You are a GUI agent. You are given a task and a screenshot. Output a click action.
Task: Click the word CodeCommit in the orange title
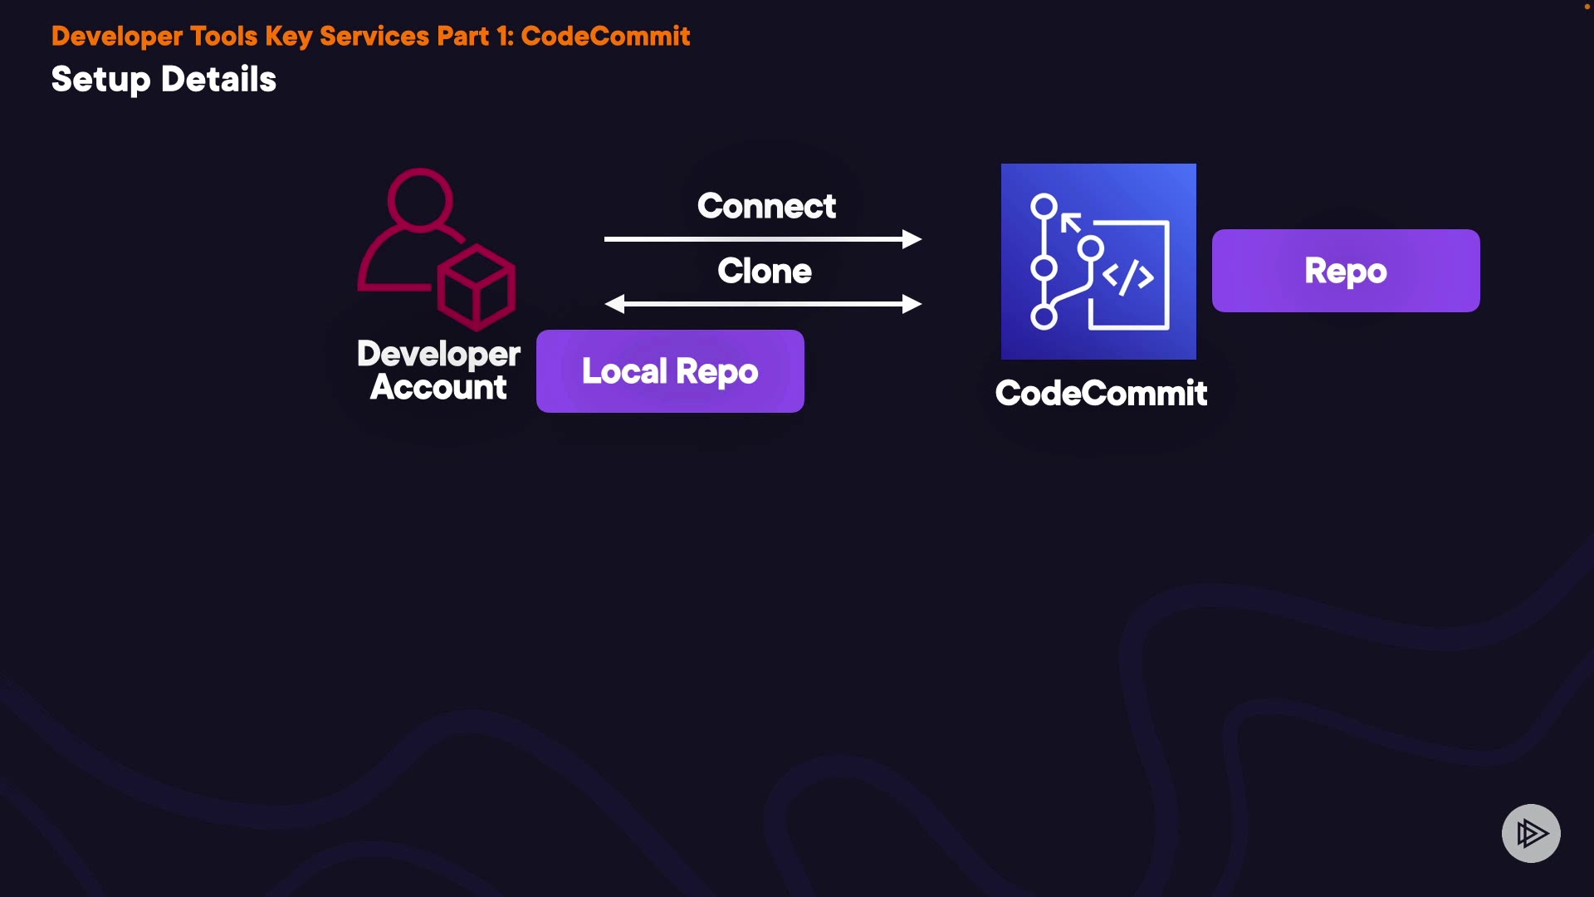point(605,36)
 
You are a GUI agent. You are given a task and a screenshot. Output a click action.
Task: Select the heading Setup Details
point(164,80)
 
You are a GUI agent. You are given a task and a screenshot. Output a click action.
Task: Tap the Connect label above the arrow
point(766,206)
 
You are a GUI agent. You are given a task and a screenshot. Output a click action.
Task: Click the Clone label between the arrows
point(765,271)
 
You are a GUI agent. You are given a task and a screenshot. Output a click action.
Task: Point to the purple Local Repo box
point(670,371)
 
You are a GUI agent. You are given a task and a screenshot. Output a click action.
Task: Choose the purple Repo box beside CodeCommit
point(1345,271)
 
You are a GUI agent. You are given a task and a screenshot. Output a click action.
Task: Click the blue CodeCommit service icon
point(1098,262)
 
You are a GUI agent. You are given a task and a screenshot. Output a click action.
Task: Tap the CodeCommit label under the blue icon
point(1101,393)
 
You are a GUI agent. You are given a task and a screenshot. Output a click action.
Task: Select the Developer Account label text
point(438,370)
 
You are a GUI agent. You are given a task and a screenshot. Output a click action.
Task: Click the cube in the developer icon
point(476,287)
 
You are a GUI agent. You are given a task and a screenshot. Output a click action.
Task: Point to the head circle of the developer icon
point(420,200)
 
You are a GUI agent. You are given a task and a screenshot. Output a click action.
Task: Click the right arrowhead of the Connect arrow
point(912,239)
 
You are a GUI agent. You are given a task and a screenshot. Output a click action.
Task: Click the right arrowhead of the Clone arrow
point(912,304)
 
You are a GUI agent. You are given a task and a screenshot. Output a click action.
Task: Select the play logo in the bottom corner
point(1531,833)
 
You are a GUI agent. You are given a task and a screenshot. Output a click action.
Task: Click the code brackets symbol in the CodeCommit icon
point(1128,277)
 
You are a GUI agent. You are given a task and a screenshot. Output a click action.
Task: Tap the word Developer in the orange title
point(117,36)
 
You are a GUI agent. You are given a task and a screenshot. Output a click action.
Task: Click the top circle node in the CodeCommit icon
point(1044,206)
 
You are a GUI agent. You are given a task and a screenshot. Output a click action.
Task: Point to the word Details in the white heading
point(218,80)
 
